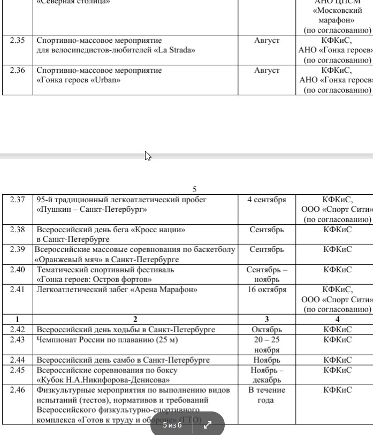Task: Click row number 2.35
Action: coord(17,40)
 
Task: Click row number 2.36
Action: coord(17,70)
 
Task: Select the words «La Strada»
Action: coord(174,50)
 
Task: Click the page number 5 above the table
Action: coord(195,189)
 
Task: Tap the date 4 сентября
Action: coord(267,200)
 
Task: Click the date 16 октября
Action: coord(267,289)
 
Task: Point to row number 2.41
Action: coord(17,289)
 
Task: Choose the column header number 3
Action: coord(267,319)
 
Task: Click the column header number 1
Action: coord(17,319)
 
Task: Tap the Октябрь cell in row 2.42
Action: coord(267,330)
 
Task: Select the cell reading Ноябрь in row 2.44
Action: coord(267,360)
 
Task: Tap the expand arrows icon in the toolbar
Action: coord(208,425)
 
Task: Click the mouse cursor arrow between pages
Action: coord(148,156)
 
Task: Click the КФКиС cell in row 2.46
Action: coord(337,390)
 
